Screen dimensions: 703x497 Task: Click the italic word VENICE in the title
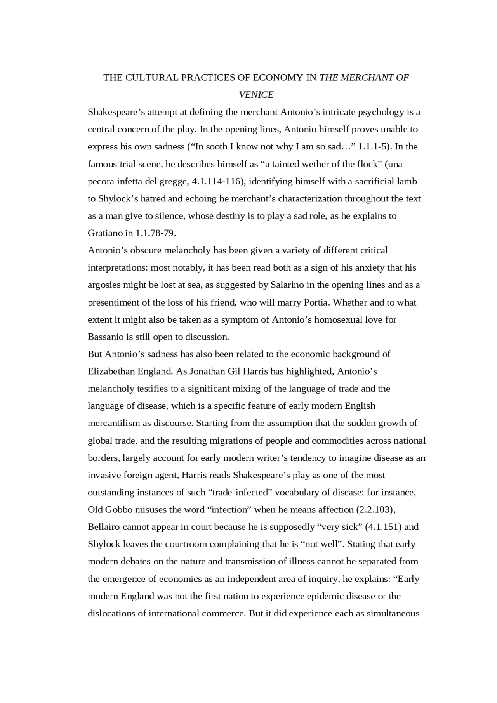pos(256,95)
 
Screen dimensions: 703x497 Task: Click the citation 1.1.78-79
pos(155,233)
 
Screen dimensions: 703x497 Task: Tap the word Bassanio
pos(105,337)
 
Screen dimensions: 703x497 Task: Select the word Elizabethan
pos(111,371)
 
